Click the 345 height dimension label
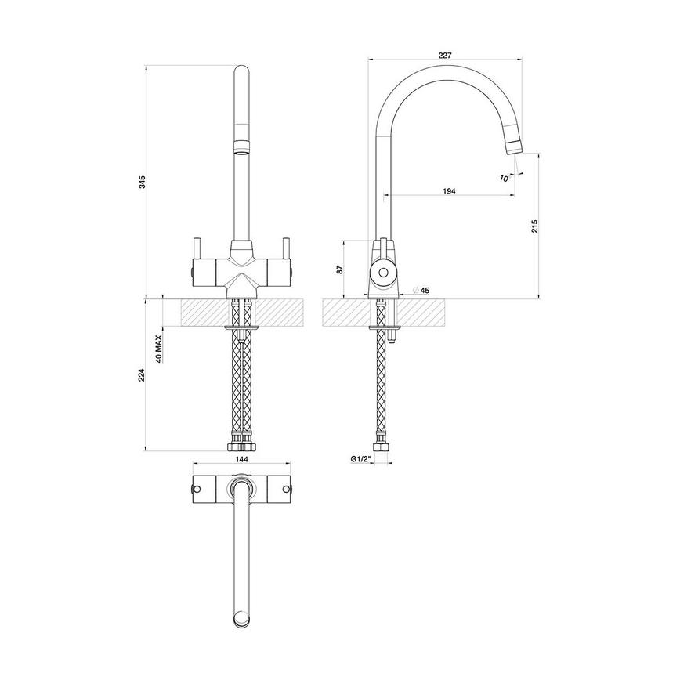(141, 182)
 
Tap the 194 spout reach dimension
(450, 190)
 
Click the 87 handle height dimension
(338, 269)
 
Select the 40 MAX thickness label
(159, 350)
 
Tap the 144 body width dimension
(242, 461)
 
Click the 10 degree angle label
(503, 178)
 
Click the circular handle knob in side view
(384, 273)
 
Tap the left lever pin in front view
(198, 247)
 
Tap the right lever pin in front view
(288, 247)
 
